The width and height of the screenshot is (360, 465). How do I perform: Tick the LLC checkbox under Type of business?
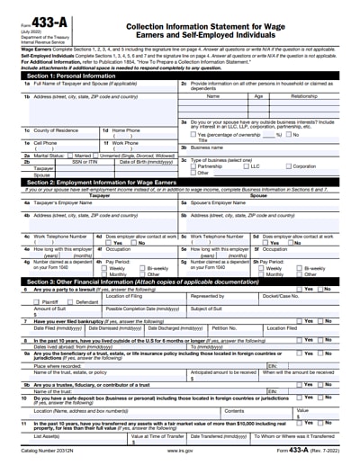[244, 166]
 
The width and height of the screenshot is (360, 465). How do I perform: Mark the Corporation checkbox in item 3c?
[289, 166]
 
